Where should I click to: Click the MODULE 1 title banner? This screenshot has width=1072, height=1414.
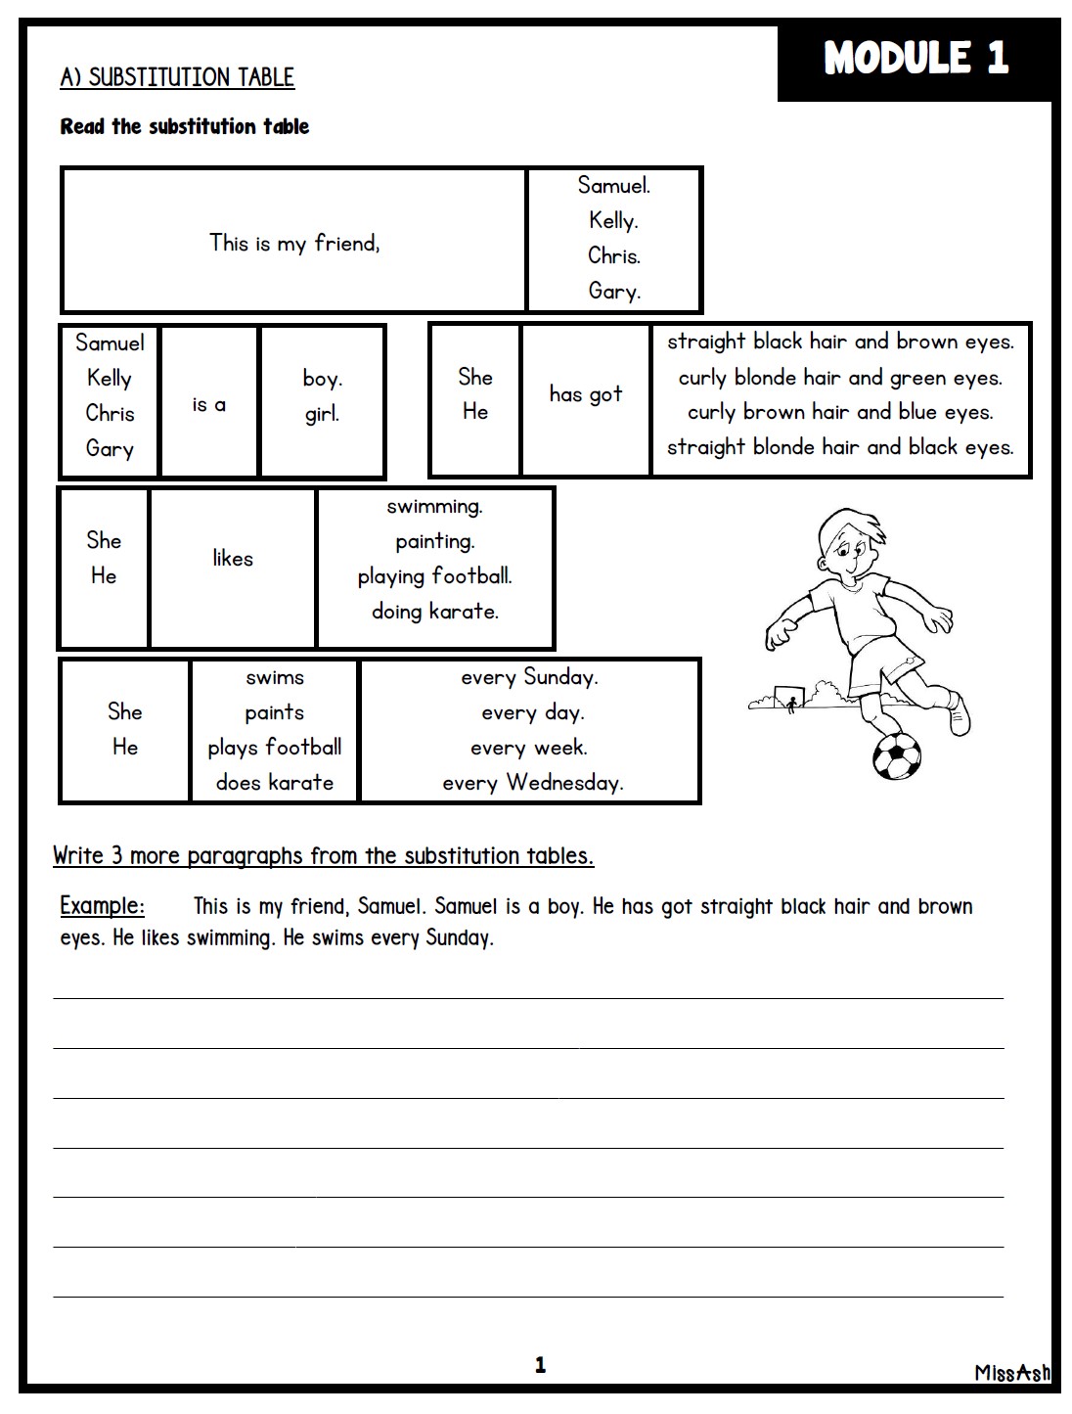tap(916, 58)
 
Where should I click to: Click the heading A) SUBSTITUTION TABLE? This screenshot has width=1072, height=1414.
tap(177, 77)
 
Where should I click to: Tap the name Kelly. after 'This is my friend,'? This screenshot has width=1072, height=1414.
tap(613, 221)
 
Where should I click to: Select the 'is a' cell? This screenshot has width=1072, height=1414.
tap(209, 404)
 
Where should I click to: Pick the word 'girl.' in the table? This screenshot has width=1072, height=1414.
tap(322, 414)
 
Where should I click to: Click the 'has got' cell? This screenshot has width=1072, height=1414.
tap(585, 394)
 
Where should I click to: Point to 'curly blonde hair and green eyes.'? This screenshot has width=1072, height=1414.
tap(840, 378)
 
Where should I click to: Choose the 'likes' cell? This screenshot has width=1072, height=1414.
tap(233, 559)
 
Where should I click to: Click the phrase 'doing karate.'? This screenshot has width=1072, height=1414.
tap(435, 612)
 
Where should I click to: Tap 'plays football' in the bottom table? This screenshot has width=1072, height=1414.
tap(275, 748)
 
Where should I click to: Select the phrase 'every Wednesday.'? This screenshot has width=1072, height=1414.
tap(532, 783)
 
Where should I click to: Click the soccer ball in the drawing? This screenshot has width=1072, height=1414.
tap(897, 755)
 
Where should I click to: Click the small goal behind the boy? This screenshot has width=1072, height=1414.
tap(788, 697)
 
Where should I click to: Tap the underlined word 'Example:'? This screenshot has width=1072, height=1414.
tap(102, 905)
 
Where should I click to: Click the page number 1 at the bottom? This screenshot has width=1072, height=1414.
tap(540, 1365)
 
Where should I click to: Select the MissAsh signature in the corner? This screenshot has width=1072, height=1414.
tap(1011, 1372)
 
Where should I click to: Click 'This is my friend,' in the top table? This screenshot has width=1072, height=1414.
tap(294, 243)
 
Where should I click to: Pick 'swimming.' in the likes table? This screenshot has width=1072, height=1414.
tap(434, 507)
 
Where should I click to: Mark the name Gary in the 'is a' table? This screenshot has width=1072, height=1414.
tap(110, 449)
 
